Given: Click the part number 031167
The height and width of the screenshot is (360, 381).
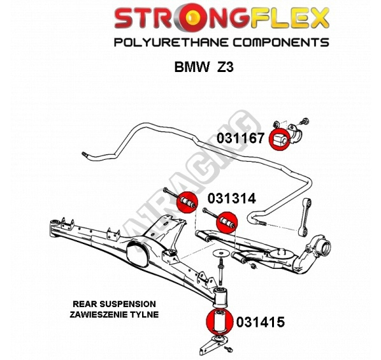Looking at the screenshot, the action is pos(240,138).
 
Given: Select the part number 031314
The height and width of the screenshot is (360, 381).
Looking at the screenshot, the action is pos(231,198).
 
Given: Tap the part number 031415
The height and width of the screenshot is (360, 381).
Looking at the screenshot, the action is pos(261,322).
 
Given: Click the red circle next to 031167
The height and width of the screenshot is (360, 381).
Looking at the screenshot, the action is pos(280,139).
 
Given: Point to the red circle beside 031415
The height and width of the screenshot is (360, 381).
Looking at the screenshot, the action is pos(220,322).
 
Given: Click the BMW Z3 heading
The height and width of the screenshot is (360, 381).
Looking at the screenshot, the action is pos(204,67).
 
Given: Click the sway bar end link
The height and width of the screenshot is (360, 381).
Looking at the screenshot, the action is pos(305,217).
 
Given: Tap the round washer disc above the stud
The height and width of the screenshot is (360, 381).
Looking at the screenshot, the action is pos(221,254).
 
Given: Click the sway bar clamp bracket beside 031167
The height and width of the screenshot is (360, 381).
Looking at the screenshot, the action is pos(295,135).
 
